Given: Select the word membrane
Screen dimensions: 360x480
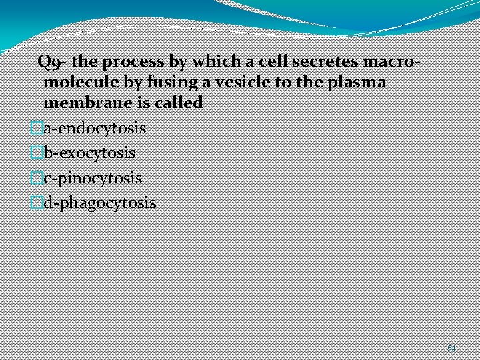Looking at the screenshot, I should point(83,103).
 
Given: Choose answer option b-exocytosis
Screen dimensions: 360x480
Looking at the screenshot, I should point(89,153).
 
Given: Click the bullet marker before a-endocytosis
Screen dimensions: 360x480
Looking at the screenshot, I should point(37,127).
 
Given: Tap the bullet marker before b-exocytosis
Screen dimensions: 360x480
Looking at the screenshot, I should point(37,153).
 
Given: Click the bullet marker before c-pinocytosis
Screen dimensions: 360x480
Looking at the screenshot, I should point(37,178).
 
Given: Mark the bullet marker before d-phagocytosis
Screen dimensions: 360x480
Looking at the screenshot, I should point(37,203).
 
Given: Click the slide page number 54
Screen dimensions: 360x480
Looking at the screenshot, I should point(451,349).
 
